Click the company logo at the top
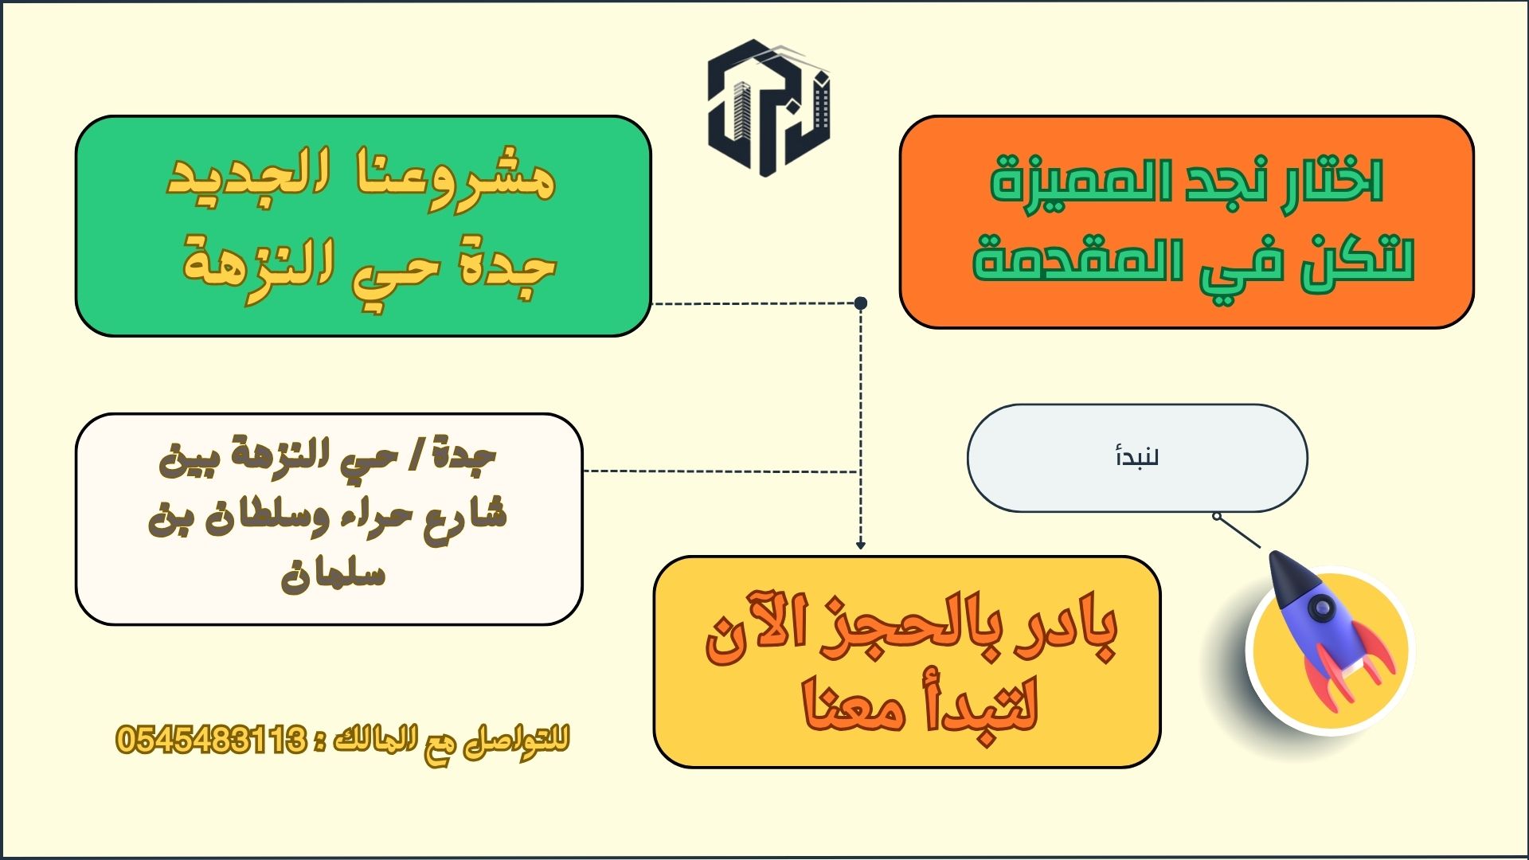768,107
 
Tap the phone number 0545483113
211,741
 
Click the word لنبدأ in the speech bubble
1137,458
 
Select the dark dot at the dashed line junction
861,303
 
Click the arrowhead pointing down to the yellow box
861,545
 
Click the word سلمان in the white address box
333,572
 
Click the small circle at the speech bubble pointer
1217,516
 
